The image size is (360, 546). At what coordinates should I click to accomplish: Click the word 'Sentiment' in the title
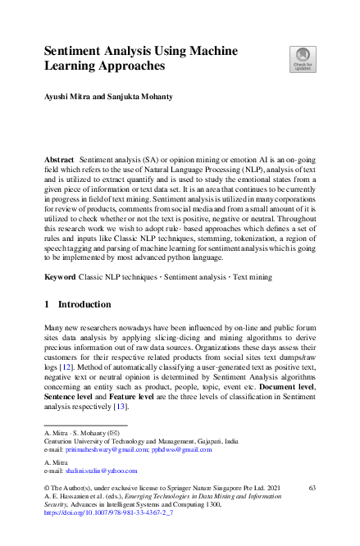pyautogui.click(x=78, y=51)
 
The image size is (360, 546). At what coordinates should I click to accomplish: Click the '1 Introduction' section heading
pyautogui.click(x=77, y=305)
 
